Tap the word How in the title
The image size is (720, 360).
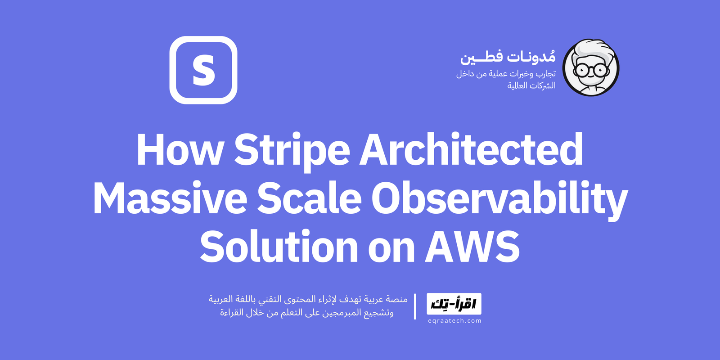pyautogui.click(x=180, y=150)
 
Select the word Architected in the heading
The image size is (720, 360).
pyautogui.click(x=471, y=150)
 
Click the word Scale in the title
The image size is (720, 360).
pyautogui.click(x=309, y=199)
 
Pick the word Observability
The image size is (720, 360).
pyautogui.click(x=499, y=199)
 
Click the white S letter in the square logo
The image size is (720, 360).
pyautogui.click(x=203, y=70)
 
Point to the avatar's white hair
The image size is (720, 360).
pyautogui.click(x=592, y=48)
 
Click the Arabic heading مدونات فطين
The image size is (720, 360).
pyautogui.click(x=508, y=57)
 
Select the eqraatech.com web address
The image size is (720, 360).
pyautogui.click(x=454, y=321)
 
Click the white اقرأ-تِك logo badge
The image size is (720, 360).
pyautogui.click(x=454, y=304)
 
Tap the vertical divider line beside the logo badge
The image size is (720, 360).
pyautogui.click(x=415, y=306)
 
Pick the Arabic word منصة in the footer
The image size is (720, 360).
pyautogui.click(x=397, y=299)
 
